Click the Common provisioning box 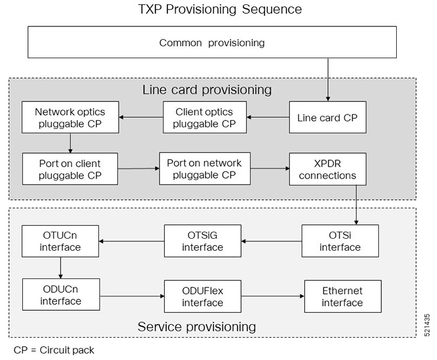[212, 43]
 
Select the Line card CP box [327, 118]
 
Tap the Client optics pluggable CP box [205, 118]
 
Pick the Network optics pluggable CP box [70, 118]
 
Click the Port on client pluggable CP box [70, 169]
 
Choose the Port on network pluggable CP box [204, 169]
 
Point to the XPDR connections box [327, 169]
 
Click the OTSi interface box [340, 241]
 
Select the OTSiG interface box [203, 241]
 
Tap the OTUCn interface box [61, 241]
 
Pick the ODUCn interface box [61, 295]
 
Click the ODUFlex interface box [203, 296]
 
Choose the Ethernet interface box [342, 296]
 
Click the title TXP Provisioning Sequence [220, 10]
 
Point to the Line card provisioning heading [207, 90]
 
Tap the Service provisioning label [197, 327]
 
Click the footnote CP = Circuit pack [54, 349]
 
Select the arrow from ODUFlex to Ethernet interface [273, 296]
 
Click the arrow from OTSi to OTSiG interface [271, 242]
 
